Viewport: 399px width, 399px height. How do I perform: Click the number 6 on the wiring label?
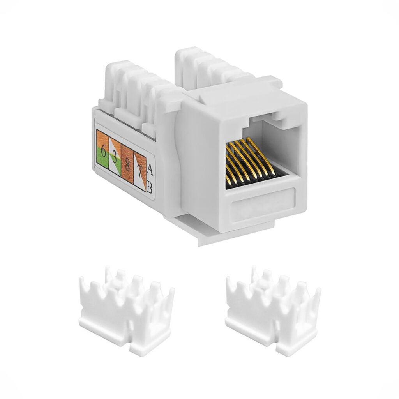[x=103, y=151]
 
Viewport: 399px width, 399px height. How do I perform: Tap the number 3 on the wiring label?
[x=115, y=158]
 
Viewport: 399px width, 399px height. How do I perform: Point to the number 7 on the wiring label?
[x=139, y=172]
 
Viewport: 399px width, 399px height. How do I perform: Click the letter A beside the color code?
[x=150, y=170]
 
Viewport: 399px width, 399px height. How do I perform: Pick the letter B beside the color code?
[x=150, y=189]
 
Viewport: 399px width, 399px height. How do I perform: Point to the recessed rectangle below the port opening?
[x=263, y=202]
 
